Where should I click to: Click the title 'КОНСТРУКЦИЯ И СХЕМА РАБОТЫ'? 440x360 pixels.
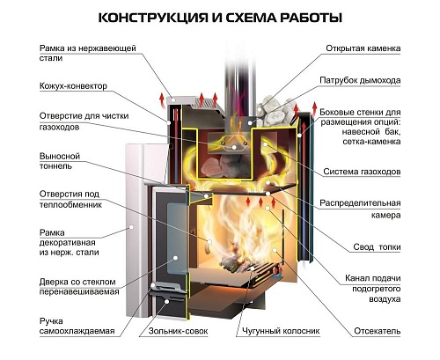point(219,17)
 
